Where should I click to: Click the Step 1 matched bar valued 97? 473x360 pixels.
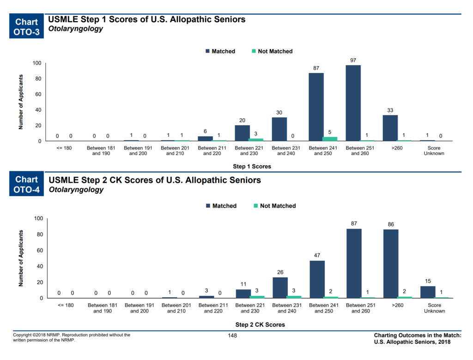[x=353, y=103]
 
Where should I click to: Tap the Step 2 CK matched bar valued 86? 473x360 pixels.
[x=390, y=264]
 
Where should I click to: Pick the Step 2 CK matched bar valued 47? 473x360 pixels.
[x=317, y=279]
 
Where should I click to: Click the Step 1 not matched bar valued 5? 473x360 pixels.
[x=330, y=138]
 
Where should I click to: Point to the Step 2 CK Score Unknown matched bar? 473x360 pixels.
[x=428, y=292]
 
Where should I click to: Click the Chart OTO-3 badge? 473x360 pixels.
[x=27, y=27]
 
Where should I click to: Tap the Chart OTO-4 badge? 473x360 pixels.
[x=27, y=184]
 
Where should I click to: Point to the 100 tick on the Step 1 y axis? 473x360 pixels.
[x=37, y=63]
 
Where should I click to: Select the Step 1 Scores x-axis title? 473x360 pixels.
[x=252, y=166]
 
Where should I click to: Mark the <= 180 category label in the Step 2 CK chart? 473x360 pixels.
[x=65, y=305]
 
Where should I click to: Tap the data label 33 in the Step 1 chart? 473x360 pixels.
[x=390, y=110]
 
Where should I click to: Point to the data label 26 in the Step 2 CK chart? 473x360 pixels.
[x=280, y=272]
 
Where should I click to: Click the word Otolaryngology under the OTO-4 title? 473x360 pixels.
[x=76, y=189]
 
